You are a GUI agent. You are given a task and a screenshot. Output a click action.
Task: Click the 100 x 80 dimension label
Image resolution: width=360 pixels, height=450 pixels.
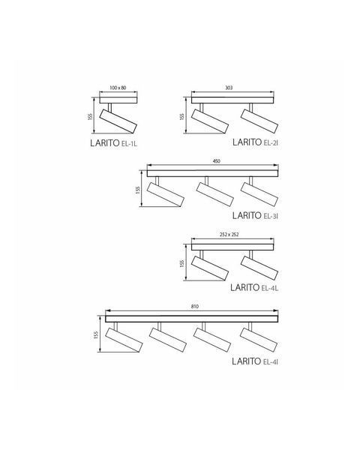pyautogui.click(x=118, y=88)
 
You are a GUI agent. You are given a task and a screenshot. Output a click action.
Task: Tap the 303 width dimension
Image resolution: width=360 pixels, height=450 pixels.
pyautogui.click(x=229, y=88)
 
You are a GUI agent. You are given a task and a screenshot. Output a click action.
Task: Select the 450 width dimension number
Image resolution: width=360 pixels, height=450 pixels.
pyautogui.click(x=217, y=161)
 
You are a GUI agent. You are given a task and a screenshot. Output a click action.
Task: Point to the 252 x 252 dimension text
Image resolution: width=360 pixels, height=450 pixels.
pyautogui.click(x=229, y=235)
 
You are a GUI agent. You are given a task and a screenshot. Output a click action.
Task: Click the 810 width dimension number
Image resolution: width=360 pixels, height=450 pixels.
pyautogui.click(x=195, y=306)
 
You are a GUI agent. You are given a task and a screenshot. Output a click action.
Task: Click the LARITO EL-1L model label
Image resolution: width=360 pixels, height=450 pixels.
pyautogui.click(x=114, y=143)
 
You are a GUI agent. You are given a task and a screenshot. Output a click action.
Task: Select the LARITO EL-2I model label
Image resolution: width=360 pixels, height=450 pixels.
pyautogui.click(x=255, y=142)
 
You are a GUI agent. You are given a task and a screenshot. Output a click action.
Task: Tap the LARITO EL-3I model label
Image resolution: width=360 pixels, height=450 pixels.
pyautogui.click(x=255, y=215)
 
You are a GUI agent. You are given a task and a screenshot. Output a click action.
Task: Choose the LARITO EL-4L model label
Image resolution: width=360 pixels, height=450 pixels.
pyautogui.click(x=254, y=287)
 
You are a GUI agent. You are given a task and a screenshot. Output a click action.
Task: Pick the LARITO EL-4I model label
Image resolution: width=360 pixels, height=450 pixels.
pyautogui.click(x=255, y=361)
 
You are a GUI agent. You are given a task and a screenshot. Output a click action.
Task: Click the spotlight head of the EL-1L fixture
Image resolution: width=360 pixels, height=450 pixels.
pyautogui.click(x=118, y=121)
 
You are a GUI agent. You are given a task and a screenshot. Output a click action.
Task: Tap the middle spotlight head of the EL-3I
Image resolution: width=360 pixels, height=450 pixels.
pyautogui.click(x=215, y=194)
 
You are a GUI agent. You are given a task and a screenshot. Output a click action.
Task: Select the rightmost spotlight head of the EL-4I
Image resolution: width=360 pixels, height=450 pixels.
pyautogui.click(x=259, y=340)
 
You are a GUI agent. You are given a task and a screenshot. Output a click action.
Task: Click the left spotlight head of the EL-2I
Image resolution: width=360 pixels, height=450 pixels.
pyautogui.click(x=210, y=121)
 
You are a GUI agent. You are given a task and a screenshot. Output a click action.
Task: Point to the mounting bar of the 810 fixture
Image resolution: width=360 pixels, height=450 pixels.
pyautogui.click(x=191, y=319)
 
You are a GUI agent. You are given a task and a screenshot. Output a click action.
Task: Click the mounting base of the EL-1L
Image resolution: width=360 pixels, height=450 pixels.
pyautogui.click(x=118, y=100)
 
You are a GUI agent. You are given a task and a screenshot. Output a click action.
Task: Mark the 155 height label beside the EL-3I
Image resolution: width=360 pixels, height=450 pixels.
pyautogui.click(x=138, y=190)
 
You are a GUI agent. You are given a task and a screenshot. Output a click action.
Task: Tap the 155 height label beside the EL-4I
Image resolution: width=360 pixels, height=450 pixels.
pyautogui.click(x=96, y=335)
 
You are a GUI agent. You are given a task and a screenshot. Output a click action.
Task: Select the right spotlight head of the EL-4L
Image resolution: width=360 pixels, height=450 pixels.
pyautogui.click(x=259, y=268)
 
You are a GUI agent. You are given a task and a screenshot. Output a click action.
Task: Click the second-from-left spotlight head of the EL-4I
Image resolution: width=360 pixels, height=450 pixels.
pyautogui.click(x=168, y=340)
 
